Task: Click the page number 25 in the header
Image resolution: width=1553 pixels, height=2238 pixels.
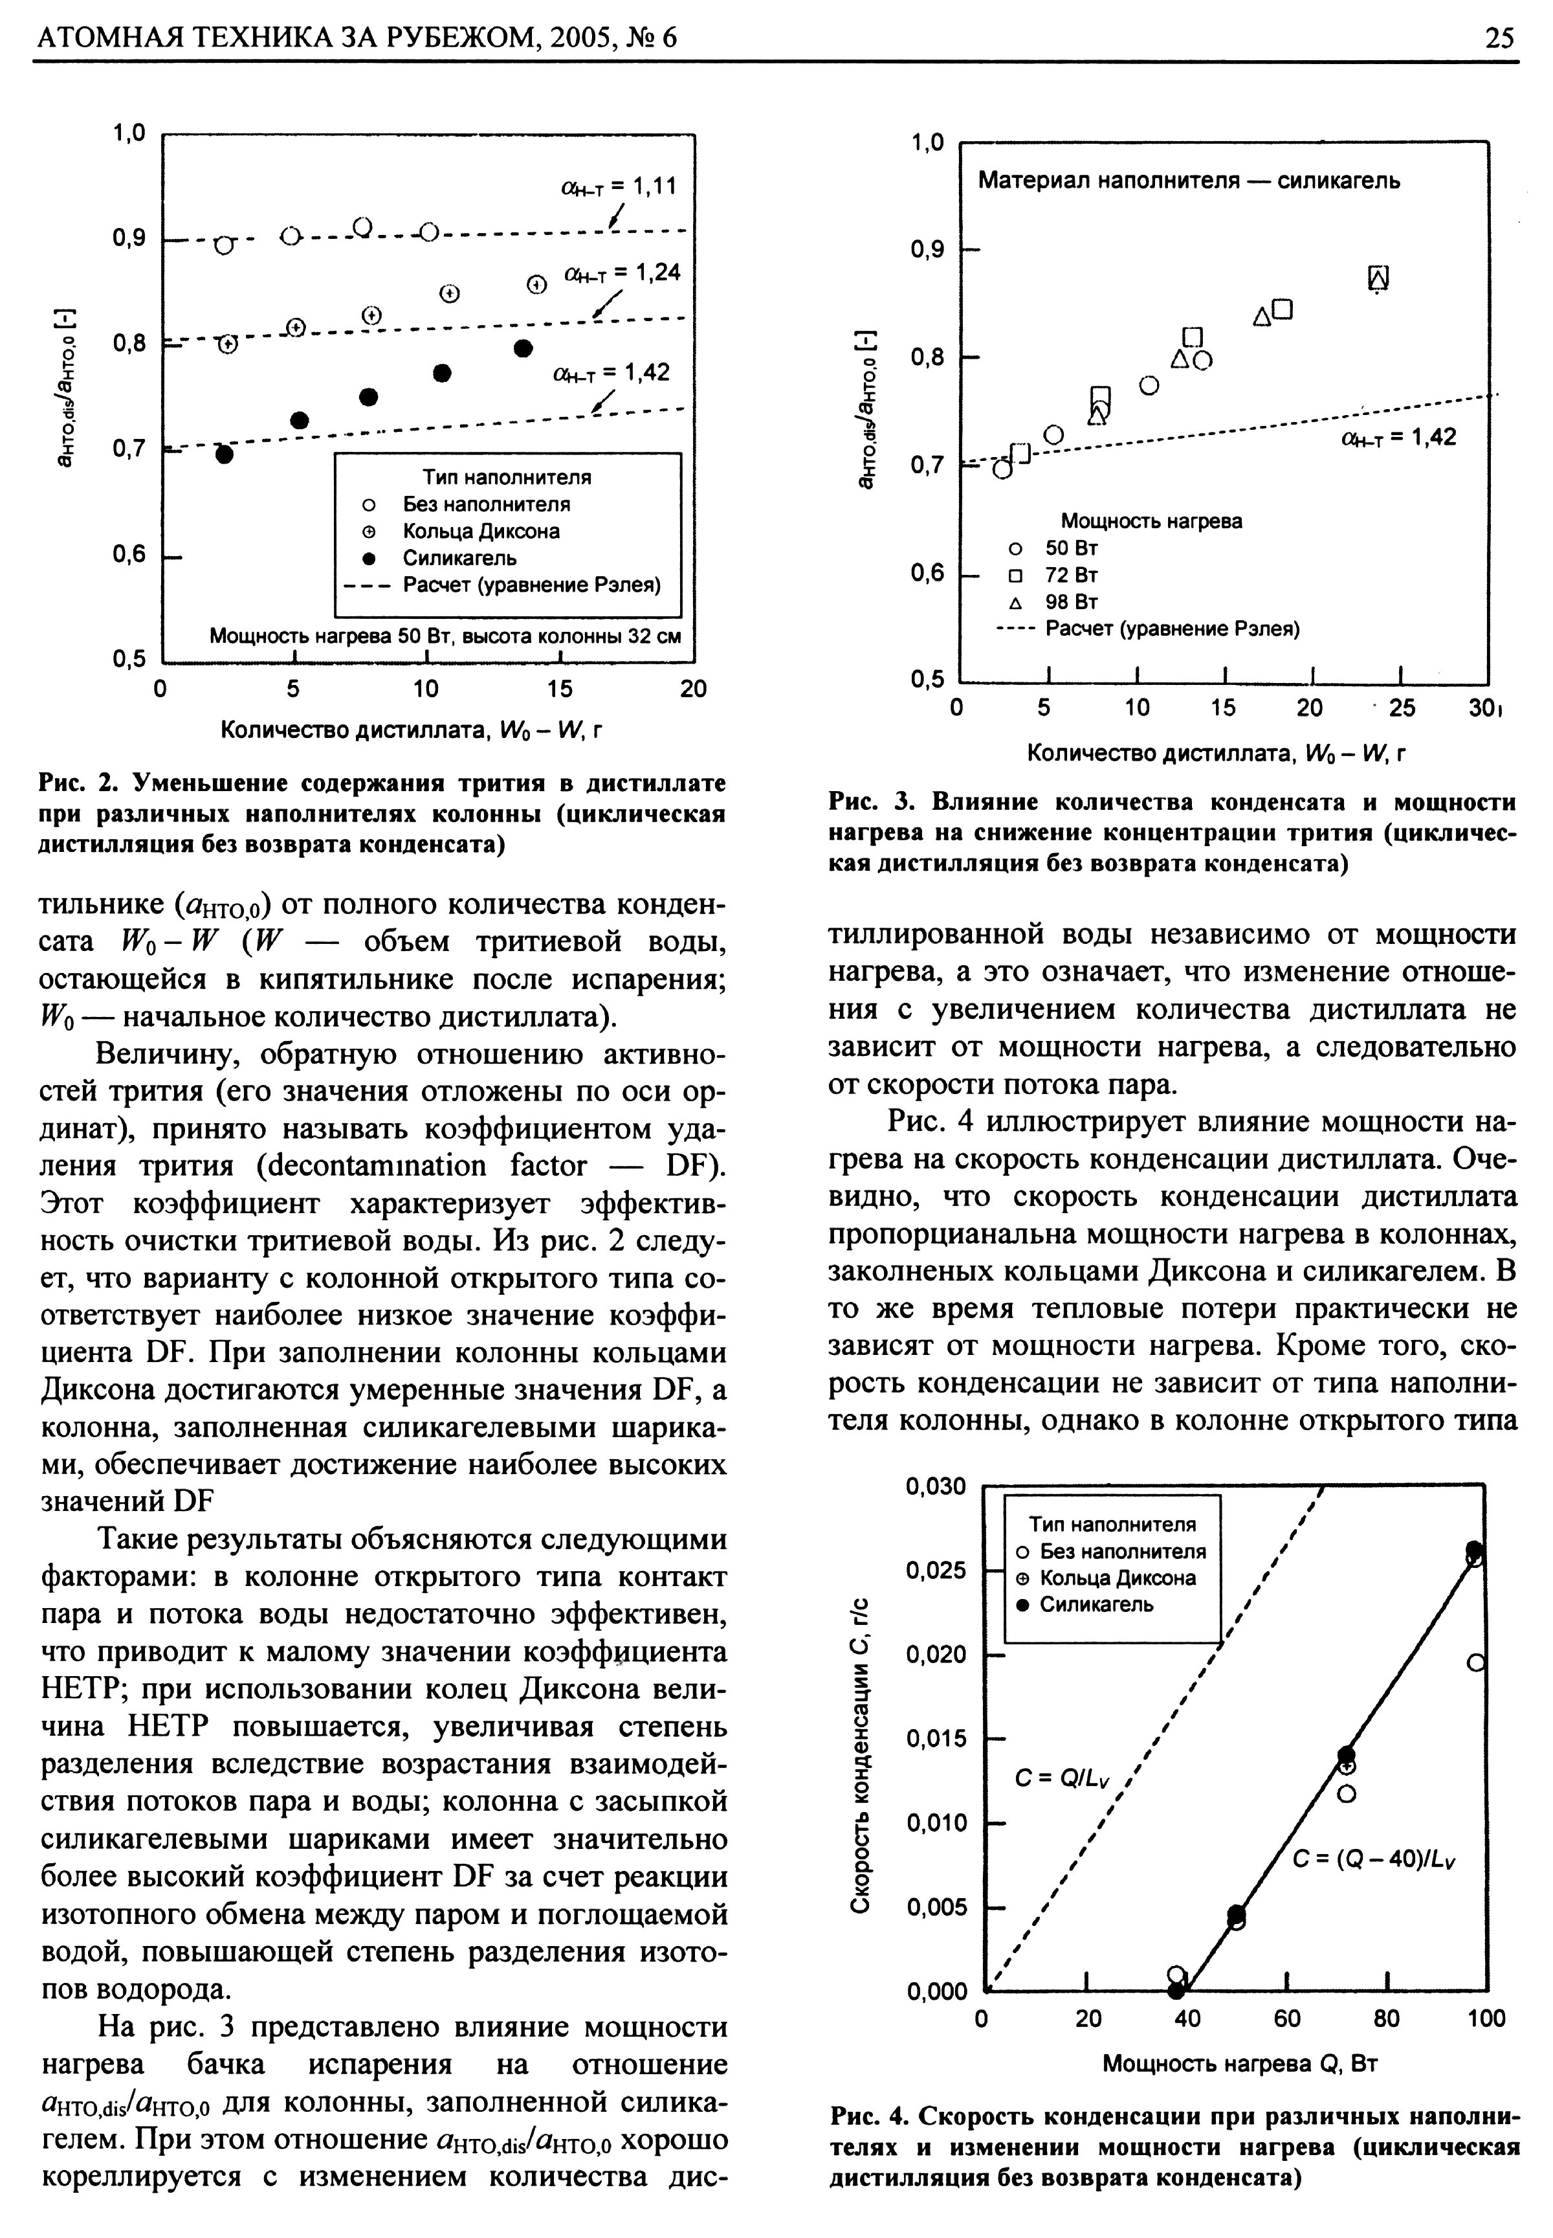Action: point(1499,38)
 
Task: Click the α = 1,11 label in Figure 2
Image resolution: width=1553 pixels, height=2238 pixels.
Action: point(618,186)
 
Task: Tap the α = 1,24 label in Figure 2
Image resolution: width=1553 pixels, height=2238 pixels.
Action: point(622,273)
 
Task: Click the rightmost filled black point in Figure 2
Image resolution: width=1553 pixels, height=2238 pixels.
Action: point(523,348)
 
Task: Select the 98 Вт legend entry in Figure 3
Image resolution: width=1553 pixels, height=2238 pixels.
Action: point(1070,601)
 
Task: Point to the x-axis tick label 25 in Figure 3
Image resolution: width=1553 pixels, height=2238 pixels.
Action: point(1401,708)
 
